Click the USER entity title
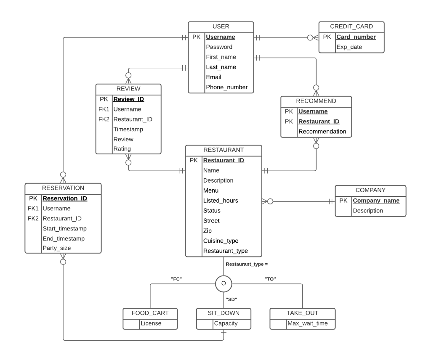[221, 26]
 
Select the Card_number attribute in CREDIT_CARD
[356, 37]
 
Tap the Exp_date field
[349, 47]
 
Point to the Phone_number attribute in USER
[226, 87]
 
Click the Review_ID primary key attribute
[129, 99]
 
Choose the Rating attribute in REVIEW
[122, 148]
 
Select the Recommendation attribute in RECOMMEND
[322, 132]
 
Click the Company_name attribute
[375, 201]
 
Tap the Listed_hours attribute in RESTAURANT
[221, 201]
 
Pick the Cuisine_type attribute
[221, 241]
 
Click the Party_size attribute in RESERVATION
[57, 248]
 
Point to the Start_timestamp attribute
[64, 228]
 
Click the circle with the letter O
[223, 284]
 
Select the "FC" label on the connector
[176, 278]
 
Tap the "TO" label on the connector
[270, 278]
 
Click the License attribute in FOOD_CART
[151, 324]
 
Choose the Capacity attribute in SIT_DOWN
[226, 324]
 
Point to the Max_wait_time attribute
[305, 324]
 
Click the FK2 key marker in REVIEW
[104, 119]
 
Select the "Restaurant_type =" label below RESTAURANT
[247, 264]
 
